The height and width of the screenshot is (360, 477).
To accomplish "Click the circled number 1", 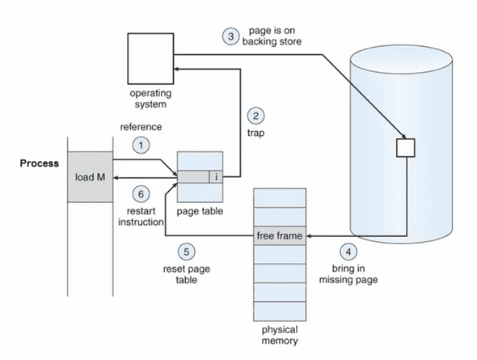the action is [x=141, y=145].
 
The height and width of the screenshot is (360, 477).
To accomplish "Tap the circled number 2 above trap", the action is [x=255, y=116].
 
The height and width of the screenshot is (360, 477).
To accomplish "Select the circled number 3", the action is [x=230, y=36].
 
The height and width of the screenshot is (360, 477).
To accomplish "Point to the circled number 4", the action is [x=348, y=252].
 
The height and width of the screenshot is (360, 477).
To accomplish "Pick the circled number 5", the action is [x=186, y=252].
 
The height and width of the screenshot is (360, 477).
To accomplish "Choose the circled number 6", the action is [x=141, y=194].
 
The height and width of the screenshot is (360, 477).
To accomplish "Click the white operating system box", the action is [x=150, y=59].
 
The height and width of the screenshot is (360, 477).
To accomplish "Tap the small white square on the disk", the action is [x=406, y=148].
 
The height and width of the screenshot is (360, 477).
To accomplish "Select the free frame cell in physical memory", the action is [x=280, y=235].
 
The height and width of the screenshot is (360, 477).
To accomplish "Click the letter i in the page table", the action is [x=217, y=177].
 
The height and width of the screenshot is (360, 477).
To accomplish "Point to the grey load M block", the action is [x=90, y=177].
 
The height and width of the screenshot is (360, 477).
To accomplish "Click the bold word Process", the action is [x=40, y=163].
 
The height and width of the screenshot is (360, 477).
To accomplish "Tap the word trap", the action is [x=255, y=133].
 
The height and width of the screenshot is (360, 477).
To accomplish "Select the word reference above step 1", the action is [x=141, y=127].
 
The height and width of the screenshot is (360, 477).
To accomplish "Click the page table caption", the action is [x=200, y=211].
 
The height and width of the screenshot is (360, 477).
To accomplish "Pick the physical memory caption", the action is [x=280, y=335].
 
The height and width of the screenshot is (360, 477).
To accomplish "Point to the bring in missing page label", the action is [x=348, y=274].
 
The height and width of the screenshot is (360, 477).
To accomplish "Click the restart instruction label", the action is [x=141, y=216].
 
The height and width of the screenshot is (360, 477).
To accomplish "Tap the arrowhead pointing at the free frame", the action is [x=309, y=236].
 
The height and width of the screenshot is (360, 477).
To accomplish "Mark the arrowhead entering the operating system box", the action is [x=176, y=70].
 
